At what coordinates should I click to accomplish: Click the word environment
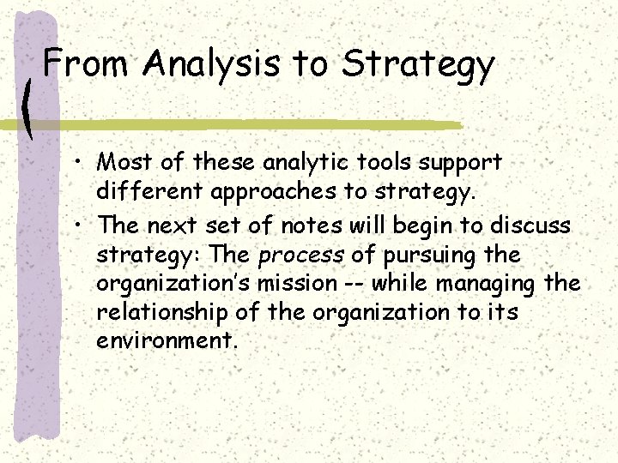[x=165, y=341]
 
